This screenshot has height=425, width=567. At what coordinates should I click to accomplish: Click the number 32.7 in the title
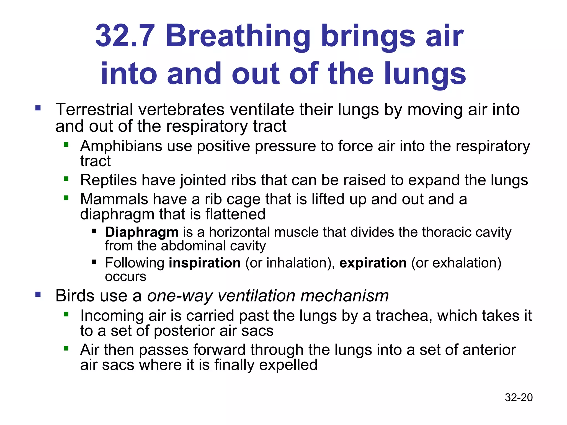(x=125, y=36)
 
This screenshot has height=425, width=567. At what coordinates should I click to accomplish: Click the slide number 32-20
(x=519, y=397)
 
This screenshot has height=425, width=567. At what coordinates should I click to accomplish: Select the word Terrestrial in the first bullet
(x=94, y=109)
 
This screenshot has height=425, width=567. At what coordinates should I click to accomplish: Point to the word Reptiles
(x=108, y=180)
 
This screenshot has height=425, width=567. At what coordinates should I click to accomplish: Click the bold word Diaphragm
(x=142, y=232)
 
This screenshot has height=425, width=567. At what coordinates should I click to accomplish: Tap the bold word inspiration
(x=205, y=263)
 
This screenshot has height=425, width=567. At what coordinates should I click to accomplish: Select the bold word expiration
(x=373, y=263)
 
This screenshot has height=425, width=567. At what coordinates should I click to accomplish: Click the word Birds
(x=73, y=296)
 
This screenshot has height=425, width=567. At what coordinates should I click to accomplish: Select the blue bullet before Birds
(x=38, y=294)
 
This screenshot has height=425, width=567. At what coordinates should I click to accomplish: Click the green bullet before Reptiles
(x=66, y=179)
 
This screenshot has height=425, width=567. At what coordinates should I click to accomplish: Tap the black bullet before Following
(x=94, y=261)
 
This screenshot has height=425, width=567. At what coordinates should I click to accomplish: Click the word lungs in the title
(x=425, y=74)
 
